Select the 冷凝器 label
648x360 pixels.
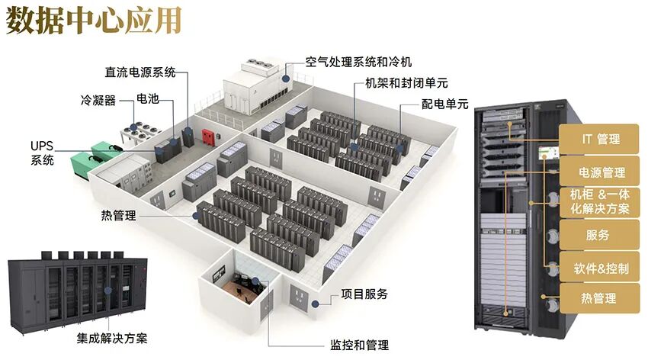tap(98, 100)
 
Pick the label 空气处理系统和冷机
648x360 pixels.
tap(358, 62)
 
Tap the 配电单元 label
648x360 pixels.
tap(444, 104)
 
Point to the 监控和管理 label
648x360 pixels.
tap(359, 346)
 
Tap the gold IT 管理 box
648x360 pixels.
tap(600, 140)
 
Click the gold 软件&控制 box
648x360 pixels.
tap(601, 268)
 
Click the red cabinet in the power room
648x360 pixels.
tap(205, 137)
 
